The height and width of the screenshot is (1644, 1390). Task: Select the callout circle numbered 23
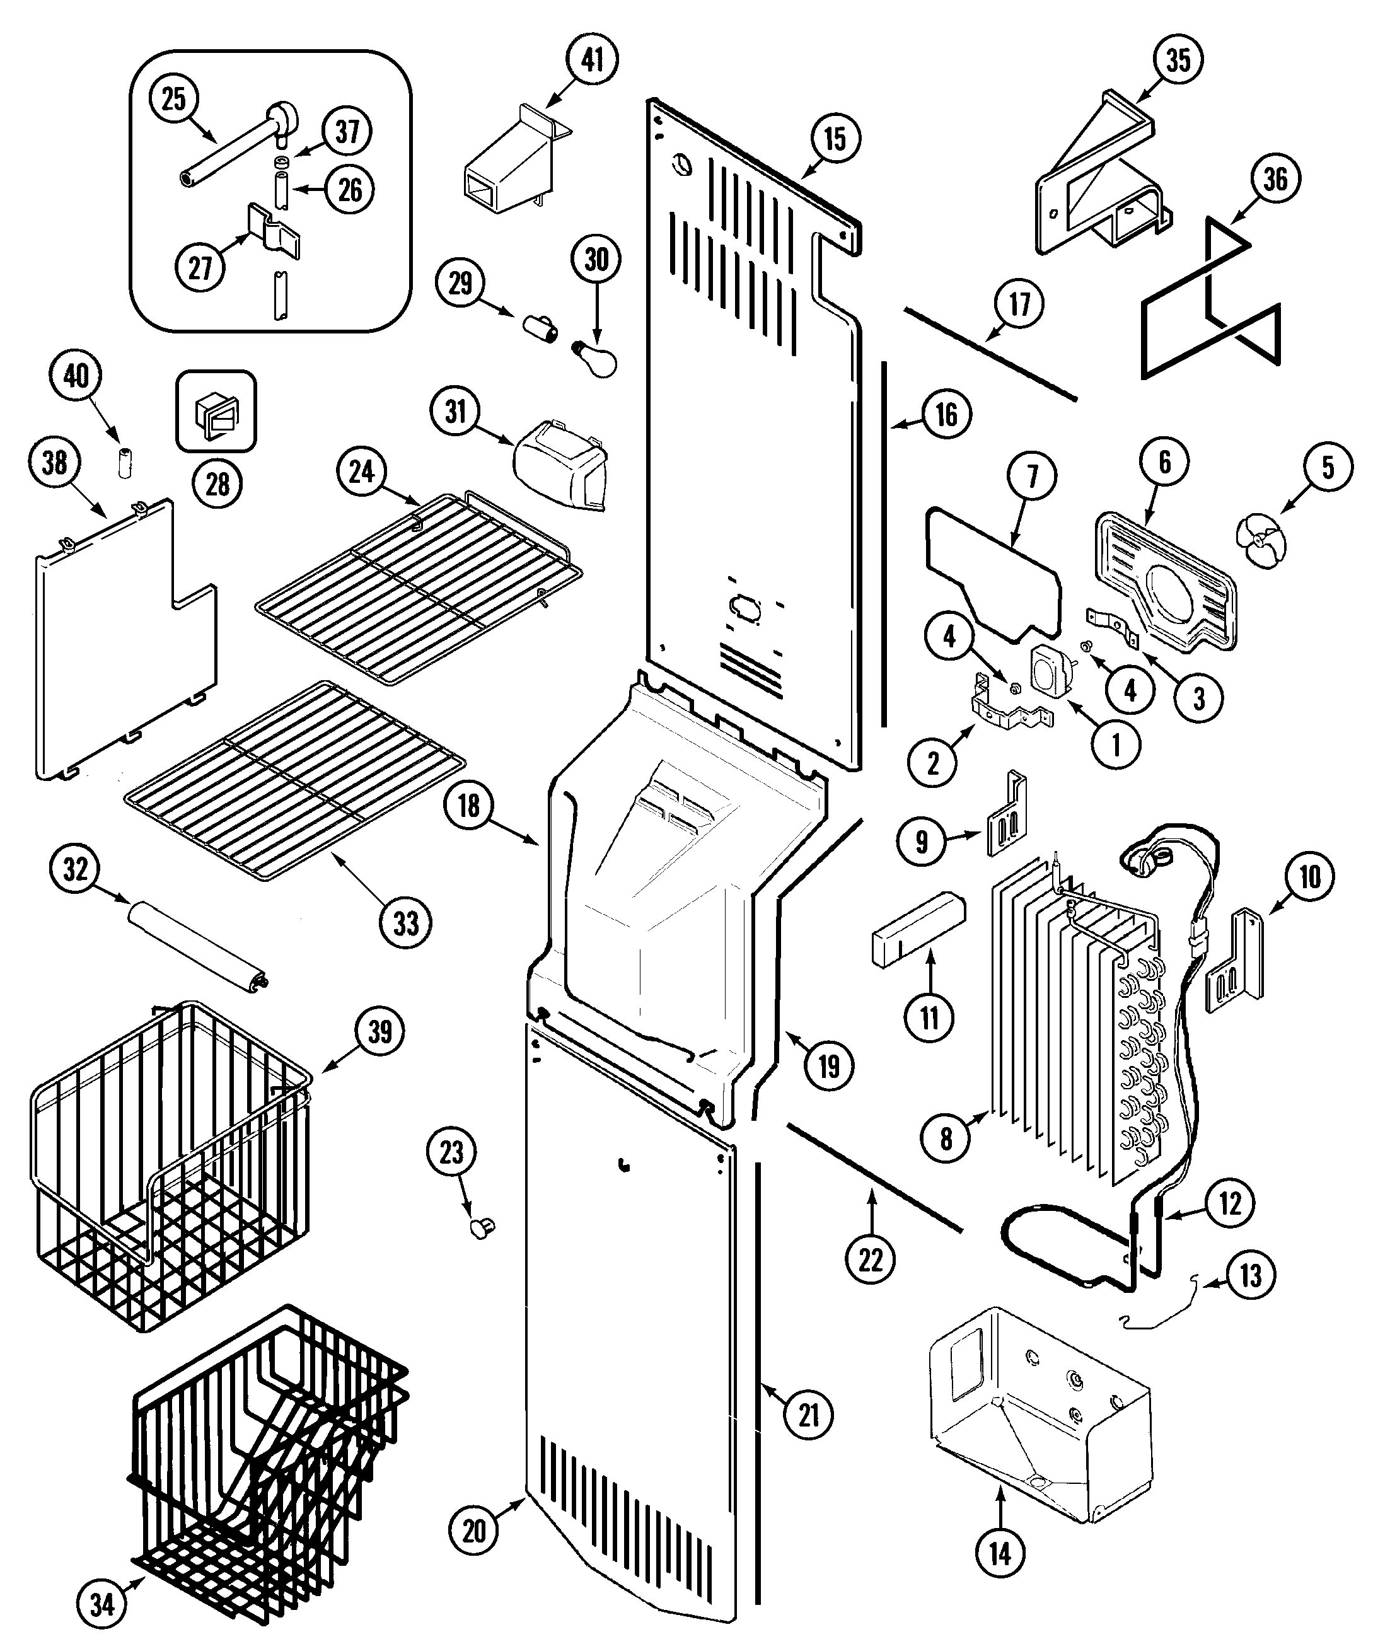click(451, 1152)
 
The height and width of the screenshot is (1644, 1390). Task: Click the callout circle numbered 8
click(946, 1137)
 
